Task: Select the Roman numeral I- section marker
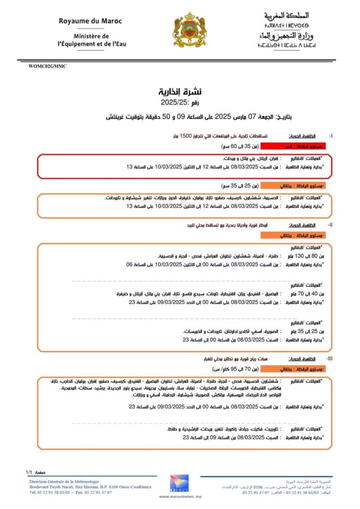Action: (331, 135)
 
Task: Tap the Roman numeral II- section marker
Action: (330, 225)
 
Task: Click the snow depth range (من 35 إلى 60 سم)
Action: (240, 147)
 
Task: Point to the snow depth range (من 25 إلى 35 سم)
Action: (240, 185)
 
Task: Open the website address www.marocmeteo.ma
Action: (179, 496)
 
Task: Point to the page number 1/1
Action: (29, 471)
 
